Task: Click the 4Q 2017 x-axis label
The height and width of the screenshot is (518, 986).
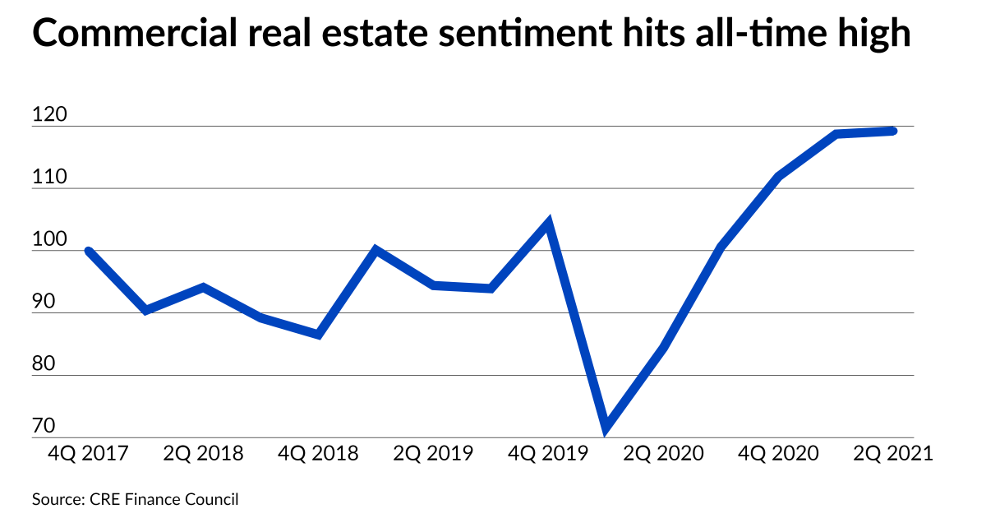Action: pyautogui.click(x=89, y=454)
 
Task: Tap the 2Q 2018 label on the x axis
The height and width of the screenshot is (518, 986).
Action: pyautogui.click(x=204, y=454)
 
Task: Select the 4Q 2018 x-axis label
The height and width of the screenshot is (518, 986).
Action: pyautogui.click(x=319, y=454)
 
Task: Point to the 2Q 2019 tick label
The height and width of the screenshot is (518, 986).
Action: pyautogui.click(x=433, y=454)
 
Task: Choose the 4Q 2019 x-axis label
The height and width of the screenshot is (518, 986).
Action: pyautogui.click(x=548, y=454)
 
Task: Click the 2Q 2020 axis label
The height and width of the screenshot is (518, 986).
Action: pyautogui.click(x=663, y=454)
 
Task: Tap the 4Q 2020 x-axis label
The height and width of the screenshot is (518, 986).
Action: pyautogui.click(x=778, y=454)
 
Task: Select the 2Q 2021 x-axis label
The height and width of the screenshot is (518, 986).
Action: pyautogui.click(x=892, y=454)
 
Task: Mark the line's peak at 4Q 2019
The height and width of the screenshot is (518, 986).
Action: pyautogui.click(x=548, y=222)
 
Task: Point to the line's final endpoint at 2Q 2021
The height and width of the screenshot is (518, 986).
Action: pyautogui.click(x=893, y=131)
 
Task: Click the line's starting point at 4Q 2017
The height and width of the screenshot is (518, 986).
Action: pyautogui.click(x=88, y=251)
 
